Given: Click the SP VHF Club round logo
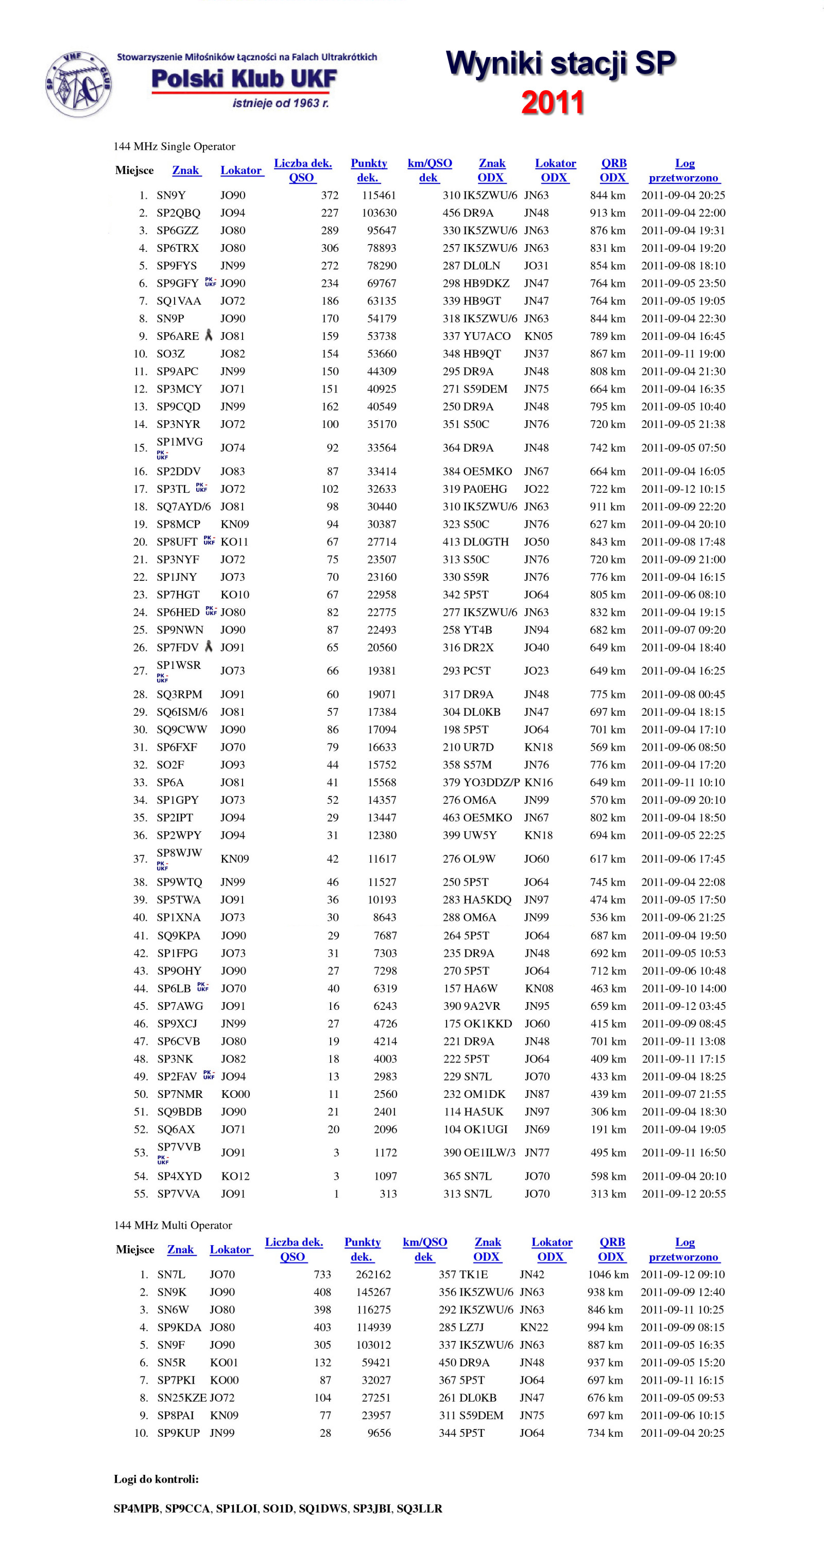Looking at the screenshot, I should point(78,84).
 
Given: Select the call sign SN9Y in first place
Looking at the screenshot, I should point(171,195).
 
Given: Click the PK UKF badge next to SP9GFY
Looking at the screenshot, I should point(210,283).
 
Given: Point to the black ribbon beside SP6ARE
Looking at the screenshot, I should point(209,335).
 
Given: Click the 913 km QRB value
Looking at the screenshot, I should point(607,213).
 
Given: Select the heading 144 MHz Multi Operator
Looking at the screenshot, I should point(173,1225).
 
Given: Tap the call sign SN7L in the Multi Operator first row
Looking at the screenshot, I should point(171,1274).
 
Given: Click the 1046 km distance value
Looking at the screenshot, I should point(607,1274).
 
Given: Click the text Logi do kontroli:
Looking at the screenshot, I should point(156,1478).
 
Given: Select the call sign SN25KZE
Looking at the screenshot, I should point(182,1397).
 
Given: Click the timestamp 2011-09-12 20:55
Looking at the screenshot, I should point(683,1193).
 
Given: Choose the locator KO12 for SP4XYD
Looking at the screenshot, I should point(235,1176).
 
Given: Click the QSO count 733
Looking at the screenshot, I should point(322,1274).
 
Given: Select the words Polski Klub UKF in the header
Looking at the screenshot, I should point(244,79).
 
